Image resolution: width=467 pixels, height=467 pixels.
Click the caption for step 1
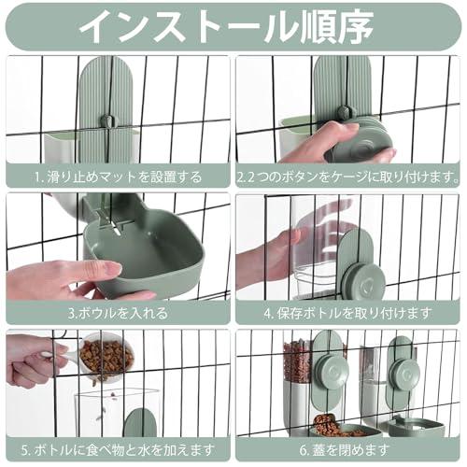click(117, 176)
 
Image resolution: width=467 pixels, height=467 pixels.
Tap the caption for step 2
click(349, 176)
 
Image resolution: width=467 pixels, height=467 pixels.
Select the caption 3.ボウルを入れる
click(117, 313)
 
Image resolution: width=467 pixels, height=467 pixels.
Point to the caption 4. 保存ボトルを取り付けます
click(349, 313)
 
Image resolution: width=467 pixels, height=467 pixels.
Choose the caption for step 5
click(117, 450)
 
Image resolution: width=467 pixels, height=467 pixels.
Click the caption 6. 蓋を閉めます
click(349, 450)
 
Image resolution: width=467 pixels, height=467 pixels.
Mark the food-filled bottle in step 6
click(301, 378)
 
